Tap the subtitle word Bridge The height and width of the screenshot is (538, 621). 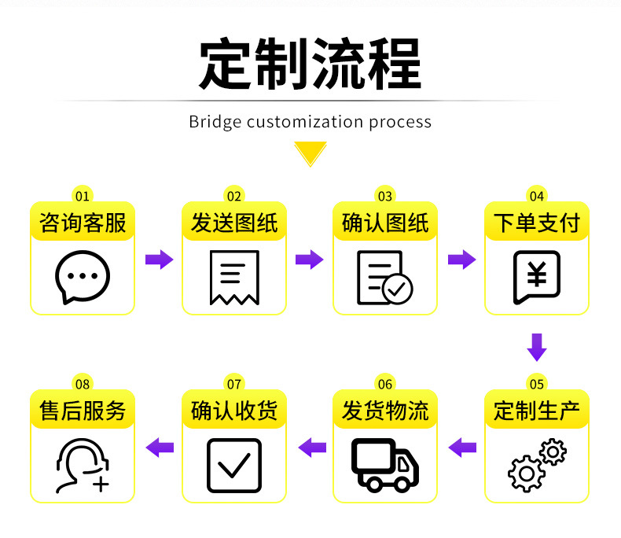point(215,122)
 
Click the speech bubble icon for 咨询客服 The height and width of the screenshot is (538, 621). point(83,277)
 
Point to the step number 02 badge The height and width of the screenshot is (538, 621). point(233,196)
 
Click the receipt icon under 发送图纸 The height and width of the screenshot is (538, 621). point(233,277)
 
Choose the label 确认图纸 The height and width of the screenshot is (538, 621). point(385,223)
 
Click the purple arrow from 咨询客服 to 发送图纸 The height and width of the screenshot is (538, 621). point(159,260)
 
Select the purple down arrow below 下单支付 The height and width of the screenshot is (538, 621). point(537,347)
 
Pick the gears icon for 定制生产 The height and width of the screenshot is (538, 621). point(537,466)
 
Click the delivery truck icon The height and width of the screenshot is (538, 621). point(385,465)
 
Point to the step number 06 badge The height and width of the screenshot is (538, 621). point(385,385)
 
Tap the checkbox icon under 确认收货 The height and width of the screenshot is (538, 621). point(233,465)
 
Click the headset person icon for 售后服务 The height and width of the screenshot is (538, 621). point(83,465)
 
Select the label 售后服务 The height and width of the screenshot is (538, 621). point(83,411)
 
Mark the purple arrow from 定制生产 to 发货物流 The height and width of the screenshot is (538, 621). point(462,448)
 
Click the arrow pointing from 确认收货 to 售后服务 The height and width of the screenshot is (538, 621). point(160,448)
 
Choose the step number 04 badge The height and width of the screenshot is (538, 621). point(537,196)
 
